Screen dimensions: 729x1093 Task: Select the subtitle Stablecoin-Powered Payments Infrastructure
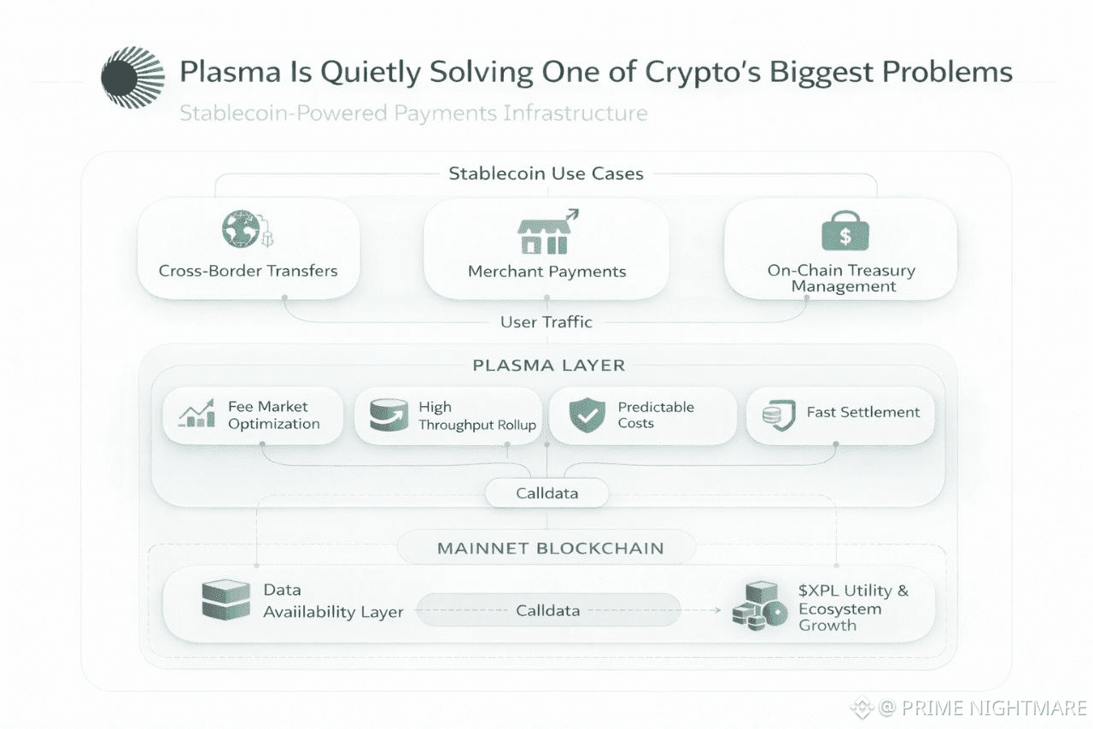point(413,113)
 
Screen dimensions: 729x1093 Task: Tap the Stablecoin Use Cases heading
point(546,173)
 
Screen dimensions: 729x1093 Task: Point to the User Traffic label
point(546,322)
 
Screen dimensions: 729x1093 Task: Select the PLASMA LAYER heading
point(548,366)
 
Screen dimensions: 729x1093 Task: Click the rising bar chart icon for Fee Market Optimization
point(197,414)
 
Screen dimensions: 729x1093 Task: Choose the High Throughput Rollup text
point(476,416)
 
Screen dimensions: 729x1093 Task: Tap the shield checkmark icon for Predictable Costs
point(587,415)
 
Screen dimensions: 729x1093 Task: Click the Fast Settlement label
point(862,412)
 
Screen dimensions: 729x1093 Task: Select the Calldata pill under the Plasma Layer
point(546,493)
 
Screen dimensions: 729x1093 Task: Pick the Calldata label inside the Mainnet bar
point(547,610)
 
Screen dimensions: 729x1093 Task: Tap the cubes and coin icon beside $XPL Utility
point(759,606)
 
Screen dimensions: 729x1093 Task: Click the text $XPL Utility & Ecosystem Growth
point(852,608)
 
